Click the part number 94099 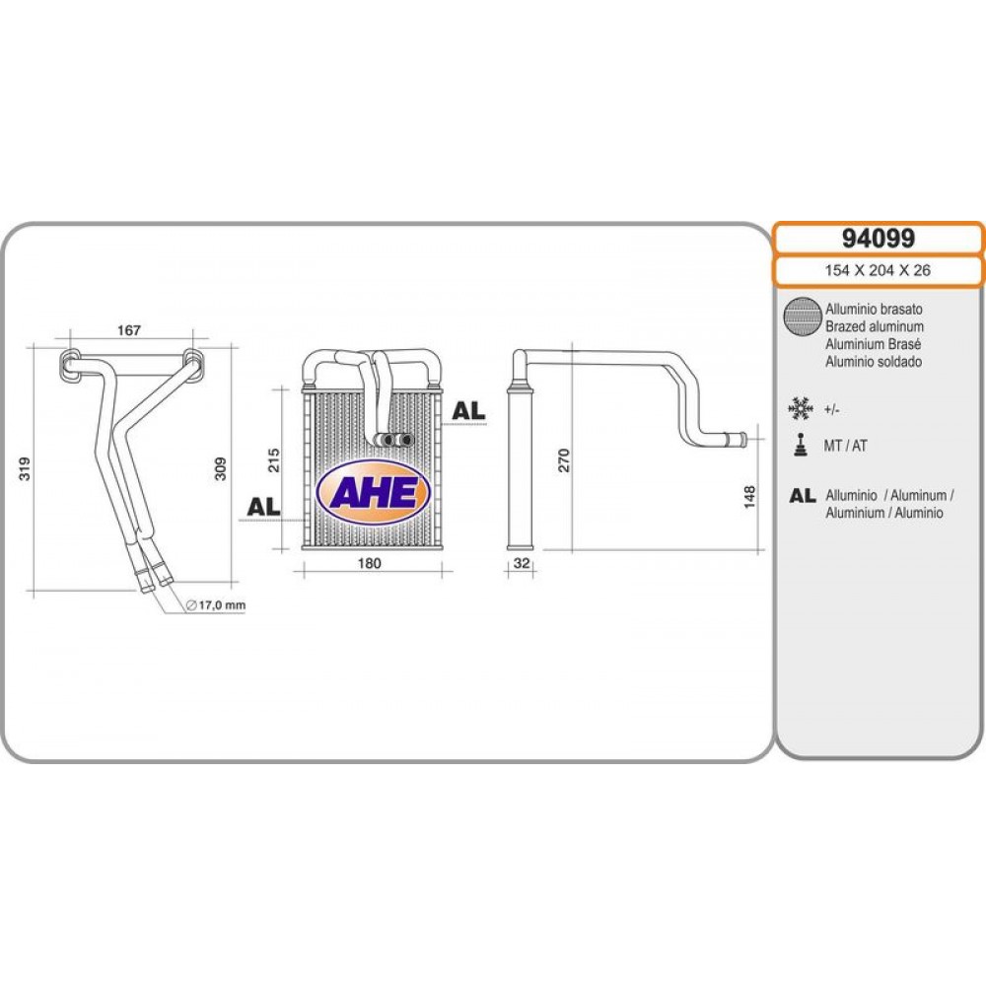click(x=878, y=239)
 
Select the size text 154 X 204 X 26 click(x=878, y=270)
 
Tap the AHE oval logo click(x=373, y=492)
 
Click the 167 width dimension click(x=129, y=330)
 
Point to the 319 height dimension click(x=25, y=468)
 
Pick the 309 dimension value click(x=220, y=468)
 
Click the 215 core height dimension click(x=273, y=460)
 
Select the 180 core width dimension click(x=369, y=563)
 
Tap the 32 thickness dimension click(x=522, y=563)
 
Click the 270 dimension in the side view click(x=564, y=460)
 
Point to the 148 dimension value click(x=749, y=497)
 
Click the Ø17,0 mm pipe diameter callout click(x=216, y=605)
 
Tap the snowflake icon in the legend click(x=800, y=409)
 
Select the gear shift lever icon click(x=800, y=445)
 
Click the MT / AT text click(x=845, y=446)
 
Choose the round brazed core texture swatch click(x=803, y=317)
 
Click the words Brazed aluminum click(x=875, y=326)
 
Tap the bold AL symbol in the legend click(x=803, y=496)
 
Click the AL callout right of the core click(x=469, y=410)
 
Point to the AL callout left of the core click(x=263, y=506)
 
